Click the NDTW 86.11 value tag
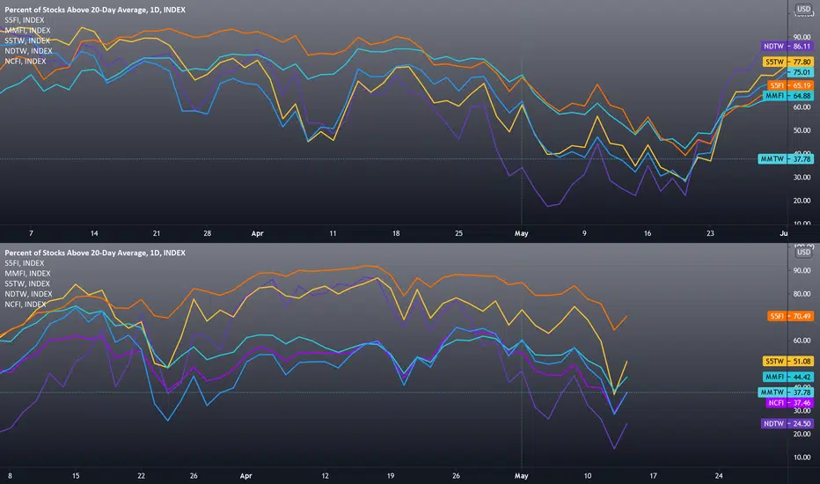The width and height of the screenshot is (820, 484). tap(787, 46)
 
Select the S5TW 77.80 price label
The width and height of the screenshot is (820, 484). tap(787, 62)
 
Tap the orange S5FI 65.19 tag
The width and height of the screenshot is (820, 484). tap(790, 85)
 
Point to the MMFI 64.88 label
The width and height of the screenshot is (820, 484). tap(787, 96)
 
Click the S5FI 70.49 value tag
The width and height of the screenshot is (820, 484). tap(790, 316)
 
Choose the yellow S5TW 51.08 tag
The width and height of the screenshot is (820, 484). tap(787, 361)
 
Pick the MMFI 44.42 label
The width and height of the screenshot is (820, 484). tap(787, 377)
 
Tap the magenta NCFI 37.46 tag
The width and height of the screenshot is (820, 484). tap(789, 403)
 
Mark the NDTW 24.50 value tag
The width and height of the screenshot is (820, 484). tap(787, 423)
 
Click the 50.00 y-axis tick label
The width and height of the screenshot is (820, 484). tap(802, 130)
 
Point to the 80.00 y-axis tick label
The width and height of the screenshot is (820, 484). tap(802, 294)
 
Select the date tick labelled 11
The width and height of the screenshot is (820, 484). tap(333, 233)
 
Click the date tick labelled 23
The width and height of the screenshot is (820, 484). tap(710, 233)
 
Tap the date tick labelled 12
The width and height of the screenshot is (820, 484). tap(326, 475)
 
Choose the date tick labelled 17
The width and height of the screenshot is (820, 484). tap(653, 475)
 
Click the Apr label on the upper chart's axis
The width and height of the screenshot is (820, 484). tap(257, 233)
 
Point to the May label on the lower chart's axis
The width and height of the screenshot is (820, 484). tap(522, 475)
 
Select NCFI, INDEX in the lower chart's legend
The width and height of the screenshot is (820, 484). tap(26, 304)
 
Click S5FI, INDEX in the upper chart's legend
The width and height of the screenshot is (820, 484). tap(25, 20)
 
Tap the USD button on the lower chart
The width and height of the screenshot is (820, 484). tap(803, 253)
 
